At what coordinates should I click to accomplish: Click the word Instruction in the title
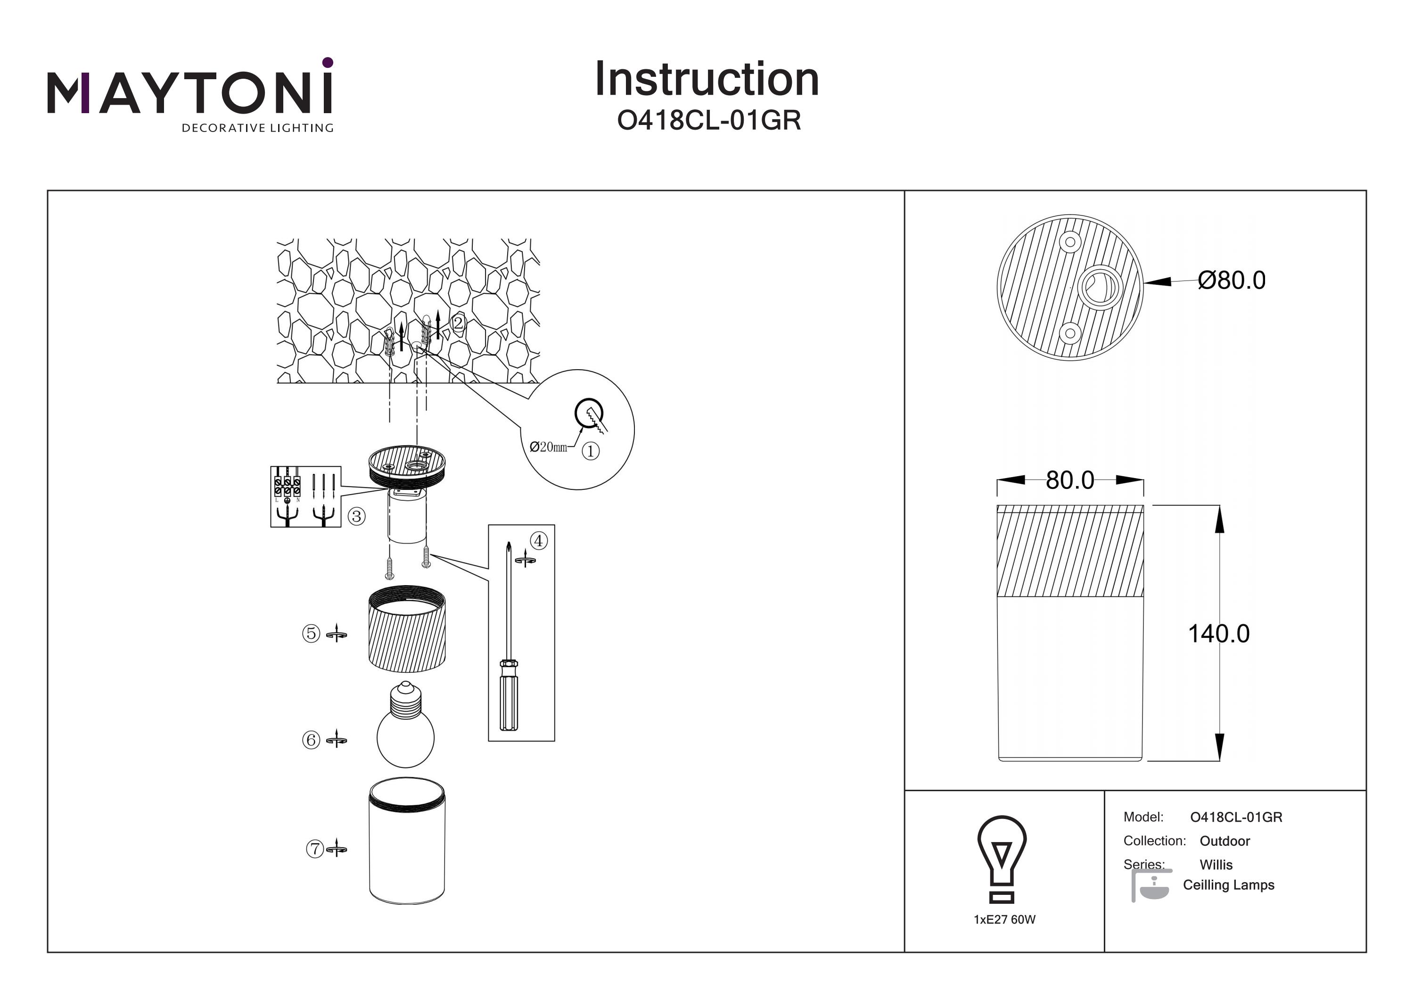pos(707,80)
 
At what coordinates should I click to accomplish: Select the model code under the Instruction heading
pos(709,121)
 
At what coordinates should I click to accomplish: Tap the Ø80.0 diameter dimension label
pos(1231,281)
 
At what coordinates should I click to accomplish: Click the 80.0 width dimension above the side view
pos(1070,480)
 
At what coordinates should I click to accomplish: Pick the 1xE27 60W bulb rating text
pos(1004,919)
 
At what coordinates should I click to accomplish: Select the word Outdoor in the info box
pos(1225,841)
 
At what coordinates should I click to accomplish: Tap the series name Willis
pos(1216,864)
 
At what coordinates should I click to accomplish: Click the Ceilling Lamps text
pos(1228,885)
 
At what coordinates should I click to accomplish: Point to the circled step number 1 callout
pos(590,452)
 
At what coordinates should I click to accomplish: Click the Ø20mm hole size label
pos(548,446)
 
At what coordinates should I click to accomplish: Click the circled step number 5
pos(311,633)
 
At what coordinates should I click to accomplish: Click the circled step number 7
pos(315,849)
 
